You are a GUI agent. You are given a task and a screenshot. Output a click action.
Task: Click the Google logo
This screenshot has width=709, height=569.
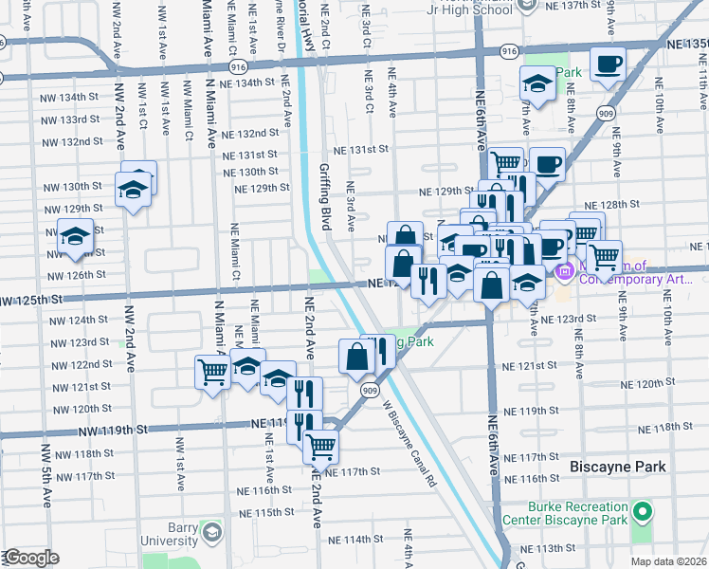click(31, 558)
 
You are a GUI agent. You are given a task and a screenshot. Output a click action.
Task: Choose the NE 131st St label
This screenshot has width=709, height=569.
click(359, 149)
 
